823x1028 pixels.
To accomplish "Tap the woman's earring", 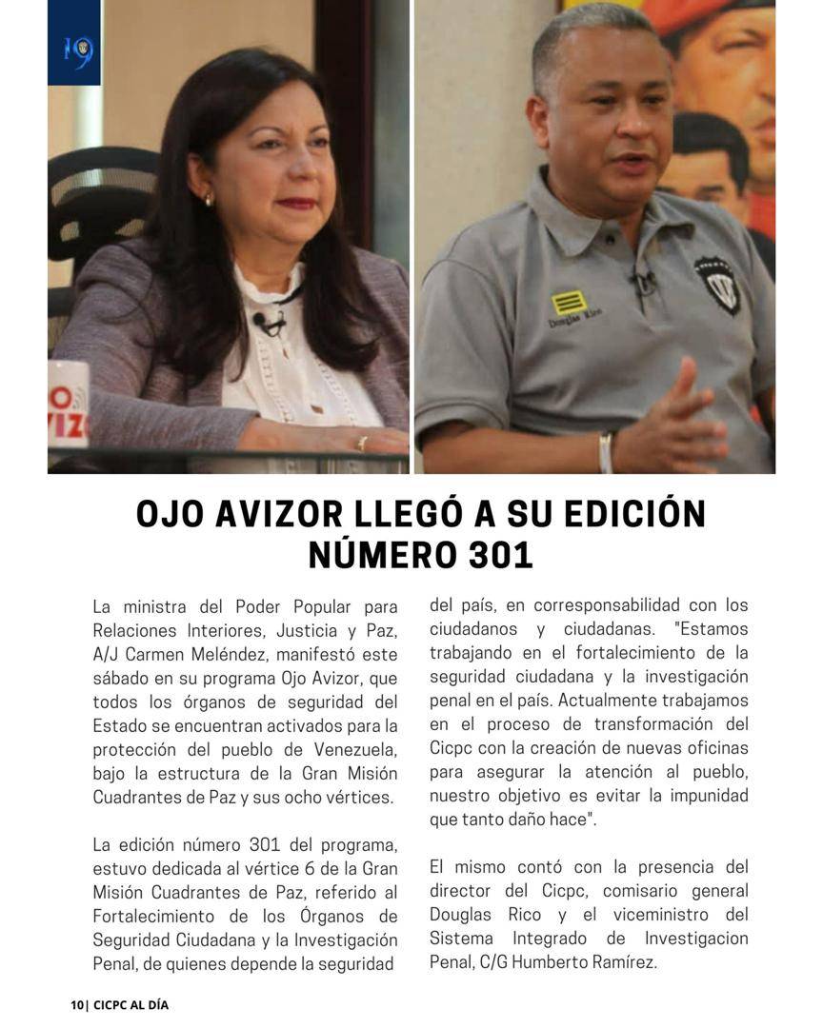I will (x=209, y=199).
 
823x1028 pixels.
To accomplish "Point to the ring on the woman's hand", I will (x=361, y=444).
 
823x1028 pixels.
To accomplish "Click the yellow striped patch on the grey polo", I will (x=568, y=304).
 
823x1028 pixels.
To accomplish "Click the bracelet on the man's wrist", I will (x=606, y=451).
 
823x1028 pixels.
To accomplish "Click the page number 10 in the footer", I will (x=76, y=1005).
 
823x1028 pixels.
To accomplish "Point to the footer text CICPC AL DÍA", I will (x=130, y=1005).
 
